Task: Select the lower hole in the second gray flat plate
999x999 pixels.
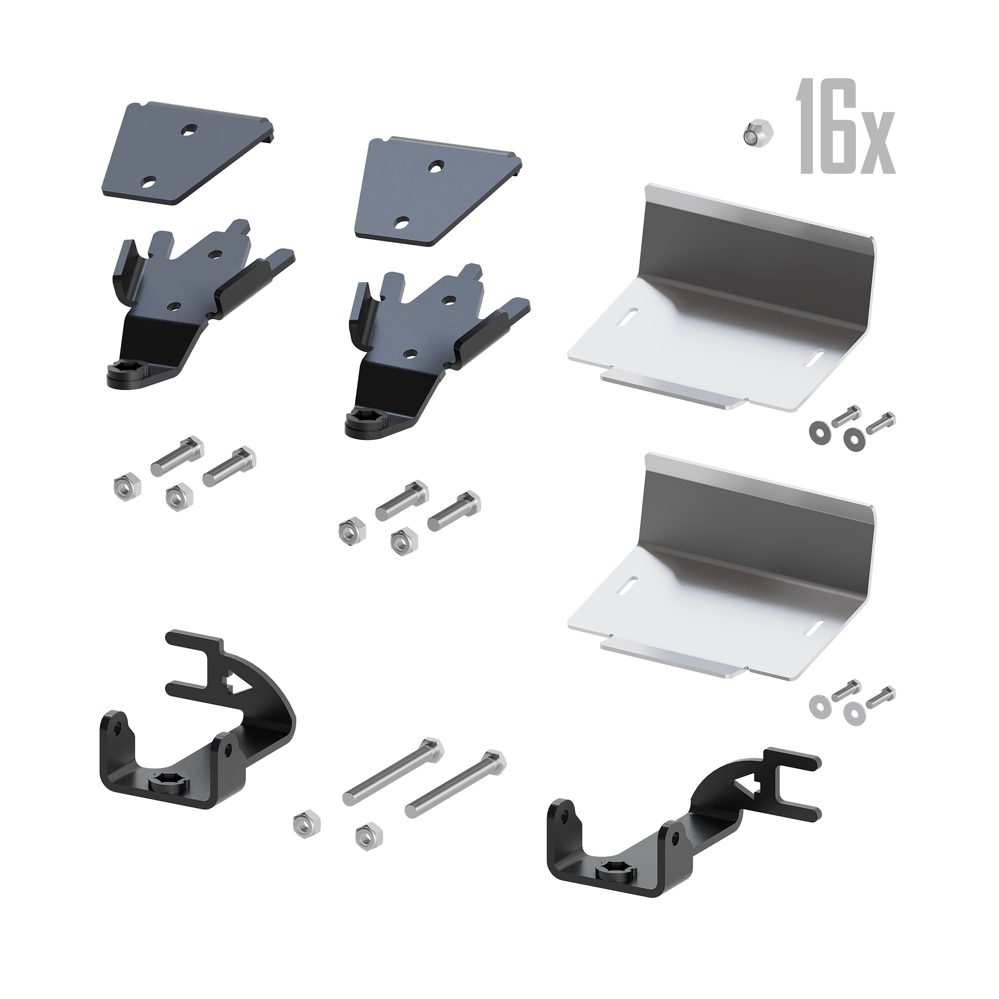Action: (401, 224)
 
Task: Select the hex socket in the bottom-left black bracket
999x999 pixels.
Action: (166, 791)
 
